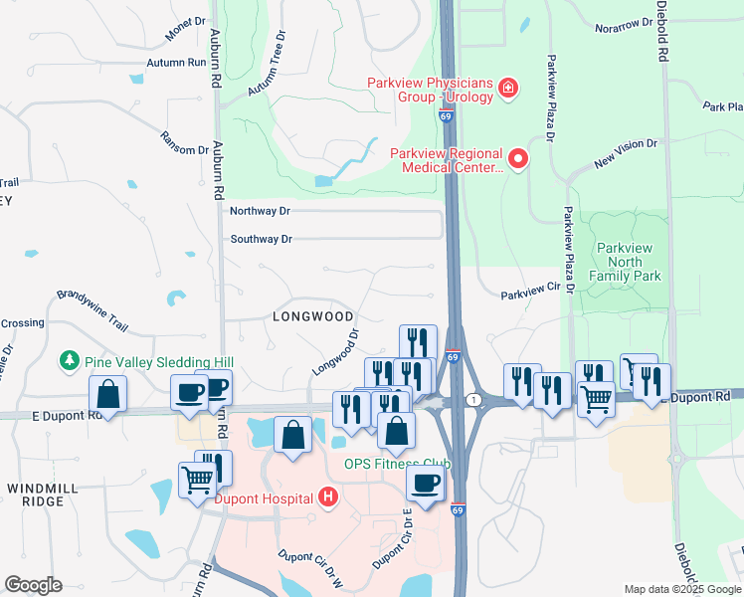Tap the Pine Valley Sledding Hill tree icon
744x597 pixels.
(70, 359)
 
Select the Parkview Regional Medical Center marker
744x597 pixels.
(517, 158)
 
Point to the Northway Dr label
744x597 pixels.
(260, 211)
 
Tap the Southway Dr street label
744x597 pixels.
(262, 239)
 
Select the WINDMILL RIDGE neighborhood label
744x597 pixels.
(36, 494)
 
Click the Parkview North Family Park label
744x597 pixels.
(628, 261)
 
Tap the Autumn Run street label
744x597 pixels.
(176, 63)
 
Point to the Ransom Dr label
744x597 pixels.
(186, 143)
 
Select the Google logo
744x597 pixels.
(33, 585)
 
